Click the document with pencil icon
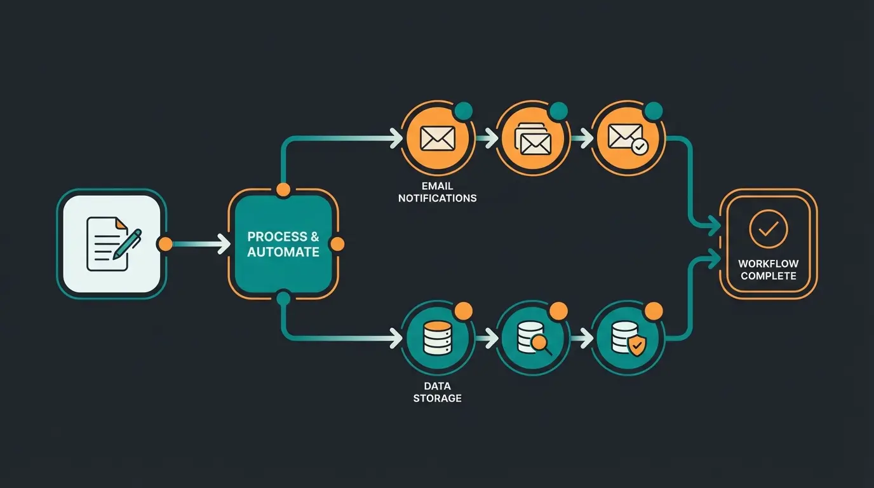pos(112,243)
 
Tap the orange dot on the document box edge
pos(165,243)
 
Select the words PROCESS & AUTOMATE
pos(283,244)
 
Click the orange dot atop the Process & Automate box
pos(283,189)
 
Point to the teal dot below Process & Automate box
pos(283,297)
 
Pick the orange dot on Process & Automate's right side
pos(337,244)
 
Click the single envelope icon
pos(438,138)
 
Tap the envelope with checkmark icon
pos(627,139)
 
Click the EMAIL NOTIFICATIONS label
pos(437,192)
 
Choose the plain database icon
pos(437,337)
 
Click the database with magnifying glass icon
pos(532,337)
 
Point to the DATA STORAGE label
pos(437,392)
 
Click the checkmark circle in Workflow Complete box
pos(768,229)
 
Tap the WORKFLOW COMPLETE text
pos(768,269)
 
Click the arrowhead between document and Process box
pos(223,243)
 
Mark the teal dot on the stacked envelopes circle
pos(558,111)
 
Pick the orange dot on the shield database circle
pos(654,311)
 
